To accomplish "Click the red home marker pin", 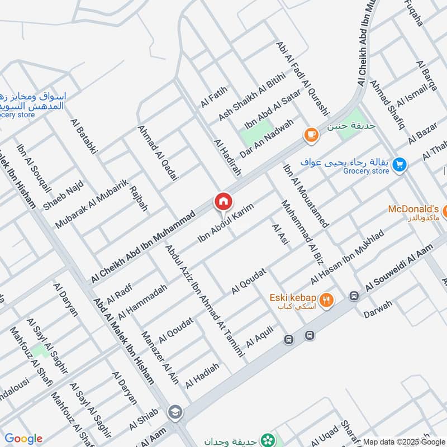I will pos(222,202).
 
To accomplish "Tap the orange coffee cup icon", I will pos(311,135).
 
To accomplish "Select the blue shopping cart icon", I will pos(399,164).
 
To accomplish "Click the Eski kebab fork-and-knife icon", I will pos(327,301).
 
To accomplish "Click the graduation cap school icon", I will pos(175,412).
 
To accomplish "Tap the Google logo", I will pos(23,439).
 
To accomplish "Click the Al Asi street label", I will pos(279,235).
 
